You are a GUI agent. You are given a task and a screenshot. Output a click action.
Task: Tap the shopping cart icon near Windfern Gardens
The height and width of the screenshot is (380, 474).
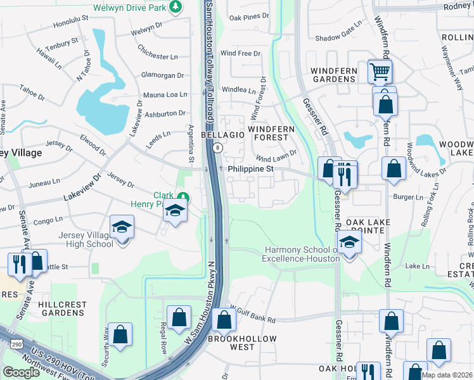coord(380,72)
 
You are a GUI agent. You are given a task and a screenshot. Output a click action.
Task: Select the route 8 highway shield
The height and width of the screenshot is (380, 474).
coord(217,148)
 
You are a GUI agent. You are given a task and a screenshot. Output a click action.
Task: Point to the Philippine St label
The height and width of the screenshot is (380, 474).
coord(250,169)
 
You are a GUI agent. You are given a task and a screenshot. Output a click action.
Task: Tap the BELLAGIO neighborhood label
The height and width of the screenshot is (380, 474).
coord(222,136)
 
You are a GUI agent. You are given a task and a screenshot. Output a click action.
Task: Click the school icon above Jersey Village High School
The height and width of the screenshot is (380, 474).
coord(122,226)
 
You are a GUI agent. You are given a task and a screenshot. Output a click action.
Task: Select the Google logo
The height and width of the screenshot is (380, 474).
coord(21,372)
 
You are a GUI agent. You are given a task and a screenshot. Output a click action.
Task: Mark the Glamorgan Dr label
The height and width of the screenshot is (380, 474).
coord(162,75)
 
